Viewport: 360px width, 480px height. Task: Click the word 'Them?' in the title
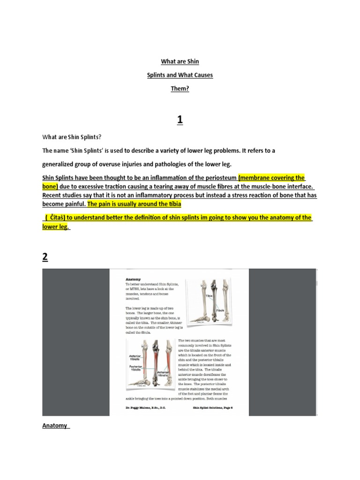tap(180, 88)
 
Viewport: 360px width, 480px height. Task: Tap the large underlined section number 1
tap(180, 121)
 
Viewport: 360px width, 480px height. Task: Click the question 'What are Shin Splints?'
tap(72, 137)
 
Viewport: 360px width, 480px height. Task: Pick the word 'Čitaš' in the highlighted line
tap(58, 217)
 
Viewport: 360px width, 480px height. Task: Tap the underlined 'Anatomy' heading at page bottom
tap(55, 426)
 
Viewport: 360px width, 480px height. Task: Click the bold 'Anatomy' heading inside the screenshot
tap(133, 279)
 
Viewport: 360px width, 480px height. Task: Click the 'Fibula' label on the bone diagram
tap(221, 310)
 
